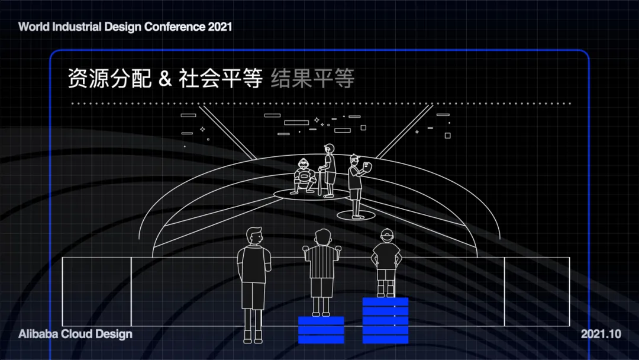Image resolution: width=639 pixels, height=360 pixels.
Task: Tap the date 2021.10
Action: (x=601, y=334)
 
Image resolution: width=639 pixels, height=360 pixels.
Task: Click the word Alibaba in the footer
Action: (x=38, y=334)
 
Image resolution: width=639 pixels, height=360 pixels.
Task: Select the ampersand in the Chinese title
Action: (x=165, y=78)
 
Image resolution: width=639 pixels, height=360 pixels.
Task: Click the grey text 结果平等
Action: (x=312, y=78)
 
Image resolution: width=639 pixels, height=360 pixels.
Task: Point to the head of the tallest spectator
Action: (x=254, y=236)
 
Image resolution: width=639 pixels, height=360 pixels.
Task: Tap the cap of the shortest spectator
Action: (x=387, y=234)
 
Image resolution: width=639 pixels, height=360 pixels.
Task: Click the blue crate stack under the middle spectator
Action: (x=321, y=330)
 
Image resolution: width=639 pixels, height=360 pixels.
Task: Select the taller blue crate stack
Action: (x=385, y=320)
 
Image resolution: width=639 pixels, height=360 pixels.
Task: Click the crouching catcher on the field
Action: (x=305, y=176)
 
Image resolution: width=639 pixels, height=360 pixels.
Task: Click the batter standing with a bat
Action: (x=328, y=171)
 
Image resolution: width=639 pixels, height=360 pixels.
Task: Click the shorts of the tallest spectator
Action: (x=253, y=295)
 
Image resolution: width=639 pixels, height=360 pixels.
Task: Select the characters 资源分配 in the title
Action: (x=109, y=78)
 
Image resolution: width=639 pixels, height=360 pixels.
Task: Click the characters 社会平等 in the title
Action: (x=221, y=78)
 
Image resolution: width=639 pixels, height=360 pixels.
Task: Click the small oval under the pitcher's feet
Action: (x=356, y=215)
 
